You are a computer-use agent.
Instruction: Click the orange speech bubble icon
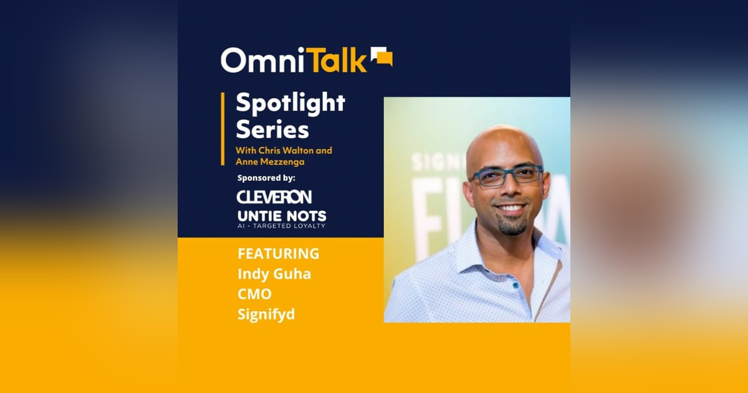click(381, 57)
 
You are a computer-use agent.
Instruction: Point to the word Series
click(272, 130)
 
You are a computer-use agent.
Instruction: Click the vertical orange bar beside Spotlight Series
click(223, 129)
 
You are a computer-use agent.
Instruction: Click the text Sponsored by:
click(266, 178)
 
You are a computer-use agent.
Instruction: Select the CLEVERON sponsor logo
click(274, 197)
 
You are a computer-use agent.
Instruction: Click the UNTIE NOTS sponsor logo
click(282, 216)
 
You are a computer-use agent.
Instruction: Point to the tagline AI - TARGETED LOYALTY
click(281, 226)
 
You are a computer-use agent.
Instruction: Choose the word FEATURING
click(278, 254)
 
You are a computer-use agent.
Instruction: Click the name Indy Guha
click(274, 274)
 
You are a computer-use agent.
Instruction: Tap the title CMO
click(254, 294)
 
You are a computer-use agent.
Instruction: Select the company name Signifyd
click(266, 314)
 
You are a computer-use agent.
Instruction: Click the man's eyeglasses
click(506, 175)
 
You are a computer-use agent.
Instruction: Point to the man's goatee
click(512, 225)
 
